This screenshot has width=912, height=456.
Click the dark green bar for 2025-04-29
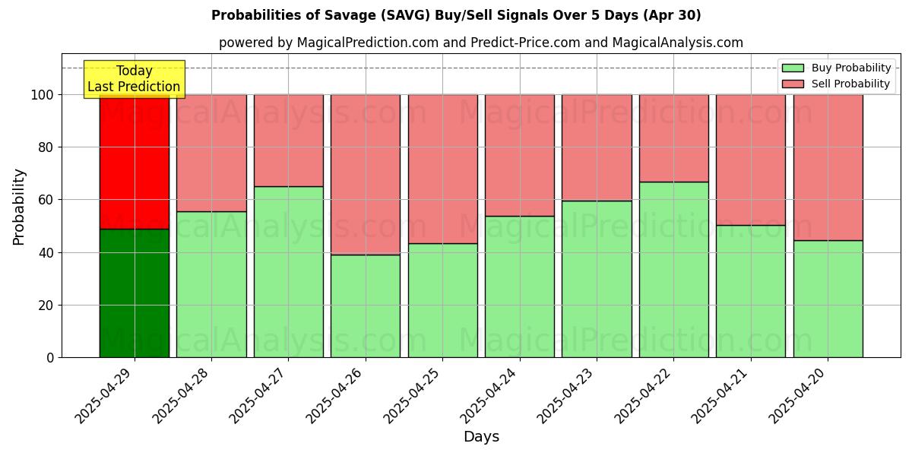[135, 293]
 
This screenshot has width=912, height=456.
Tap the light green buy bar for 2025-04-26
[366, 306]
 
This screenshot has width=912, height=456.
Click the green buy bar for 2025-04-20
[828, 299]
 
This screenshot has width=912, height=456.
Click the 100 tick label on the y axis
[42, 95]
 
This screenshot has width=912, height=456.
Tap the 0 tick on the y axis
[50, 358]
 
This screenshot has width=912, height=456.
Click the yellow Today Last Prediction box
[134, 79]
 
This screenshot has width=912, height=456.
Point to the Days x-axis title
[481, 437]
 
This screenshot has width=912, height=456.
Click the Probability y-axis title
[19, 207]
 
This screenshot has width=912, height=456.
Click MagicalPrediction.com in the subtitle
[367, 43]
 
